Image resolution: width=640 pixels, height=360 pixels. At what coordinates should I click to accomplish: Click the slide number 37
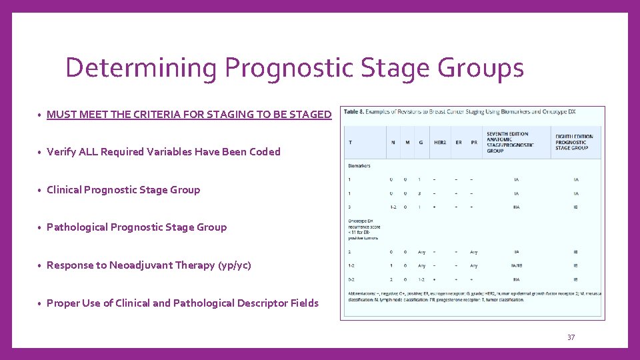[x=571, y=337]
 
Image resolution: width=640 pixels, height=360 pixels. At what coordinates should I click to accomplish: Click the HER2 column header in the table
[x=439, y=142]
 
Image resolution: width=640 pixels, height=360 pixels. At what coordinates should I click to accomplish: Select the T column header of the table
[x=350, y=142]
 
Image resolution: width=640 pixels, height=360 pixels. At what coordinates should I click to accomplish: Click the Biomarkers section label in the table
[x=359, y=165]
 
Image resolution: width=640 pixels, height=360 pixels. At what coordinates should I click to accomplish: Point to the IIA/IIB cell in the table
[x=517, y=265]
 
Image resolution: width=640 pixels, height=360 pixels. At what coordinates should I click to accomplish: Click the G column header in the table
[x=420, y=142]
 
